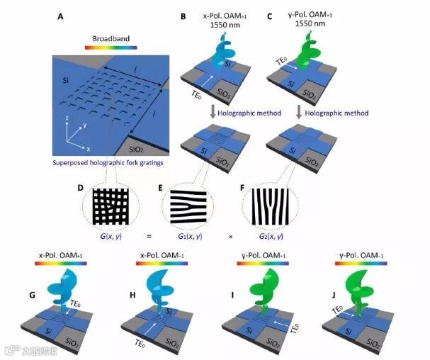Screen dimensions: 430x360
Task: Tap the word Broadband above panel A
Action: (110, 38)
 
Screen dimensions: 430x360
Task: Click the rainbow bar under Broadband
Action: (110, 47)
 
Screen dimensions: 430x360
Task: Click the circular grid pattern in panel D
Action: (106, 205)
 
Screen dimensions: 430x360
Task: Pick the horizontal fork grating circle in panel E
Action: (185, 205)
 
